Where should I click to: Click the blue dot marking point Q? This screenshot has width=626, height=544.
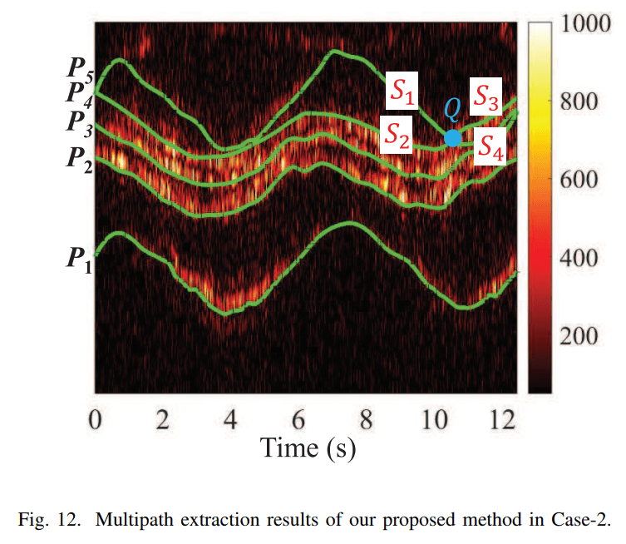452,138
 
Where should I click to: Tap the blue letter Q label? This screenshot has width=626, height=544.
451,109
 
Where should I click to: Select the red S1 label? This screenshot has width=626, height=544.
402,93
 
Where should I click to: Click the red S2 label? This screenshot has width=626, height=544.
396,135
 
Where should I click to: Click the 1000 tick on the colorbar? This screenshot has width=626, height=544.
580,25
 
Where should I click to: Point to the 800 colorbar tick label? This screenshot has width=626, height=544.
574,102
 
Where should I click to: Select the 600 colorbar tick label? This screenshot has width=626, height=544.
574,181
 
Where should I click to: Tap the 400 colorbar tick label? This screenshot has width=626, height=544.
574,259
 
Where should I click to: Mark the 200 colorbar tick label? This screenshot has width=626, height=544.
574,336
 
